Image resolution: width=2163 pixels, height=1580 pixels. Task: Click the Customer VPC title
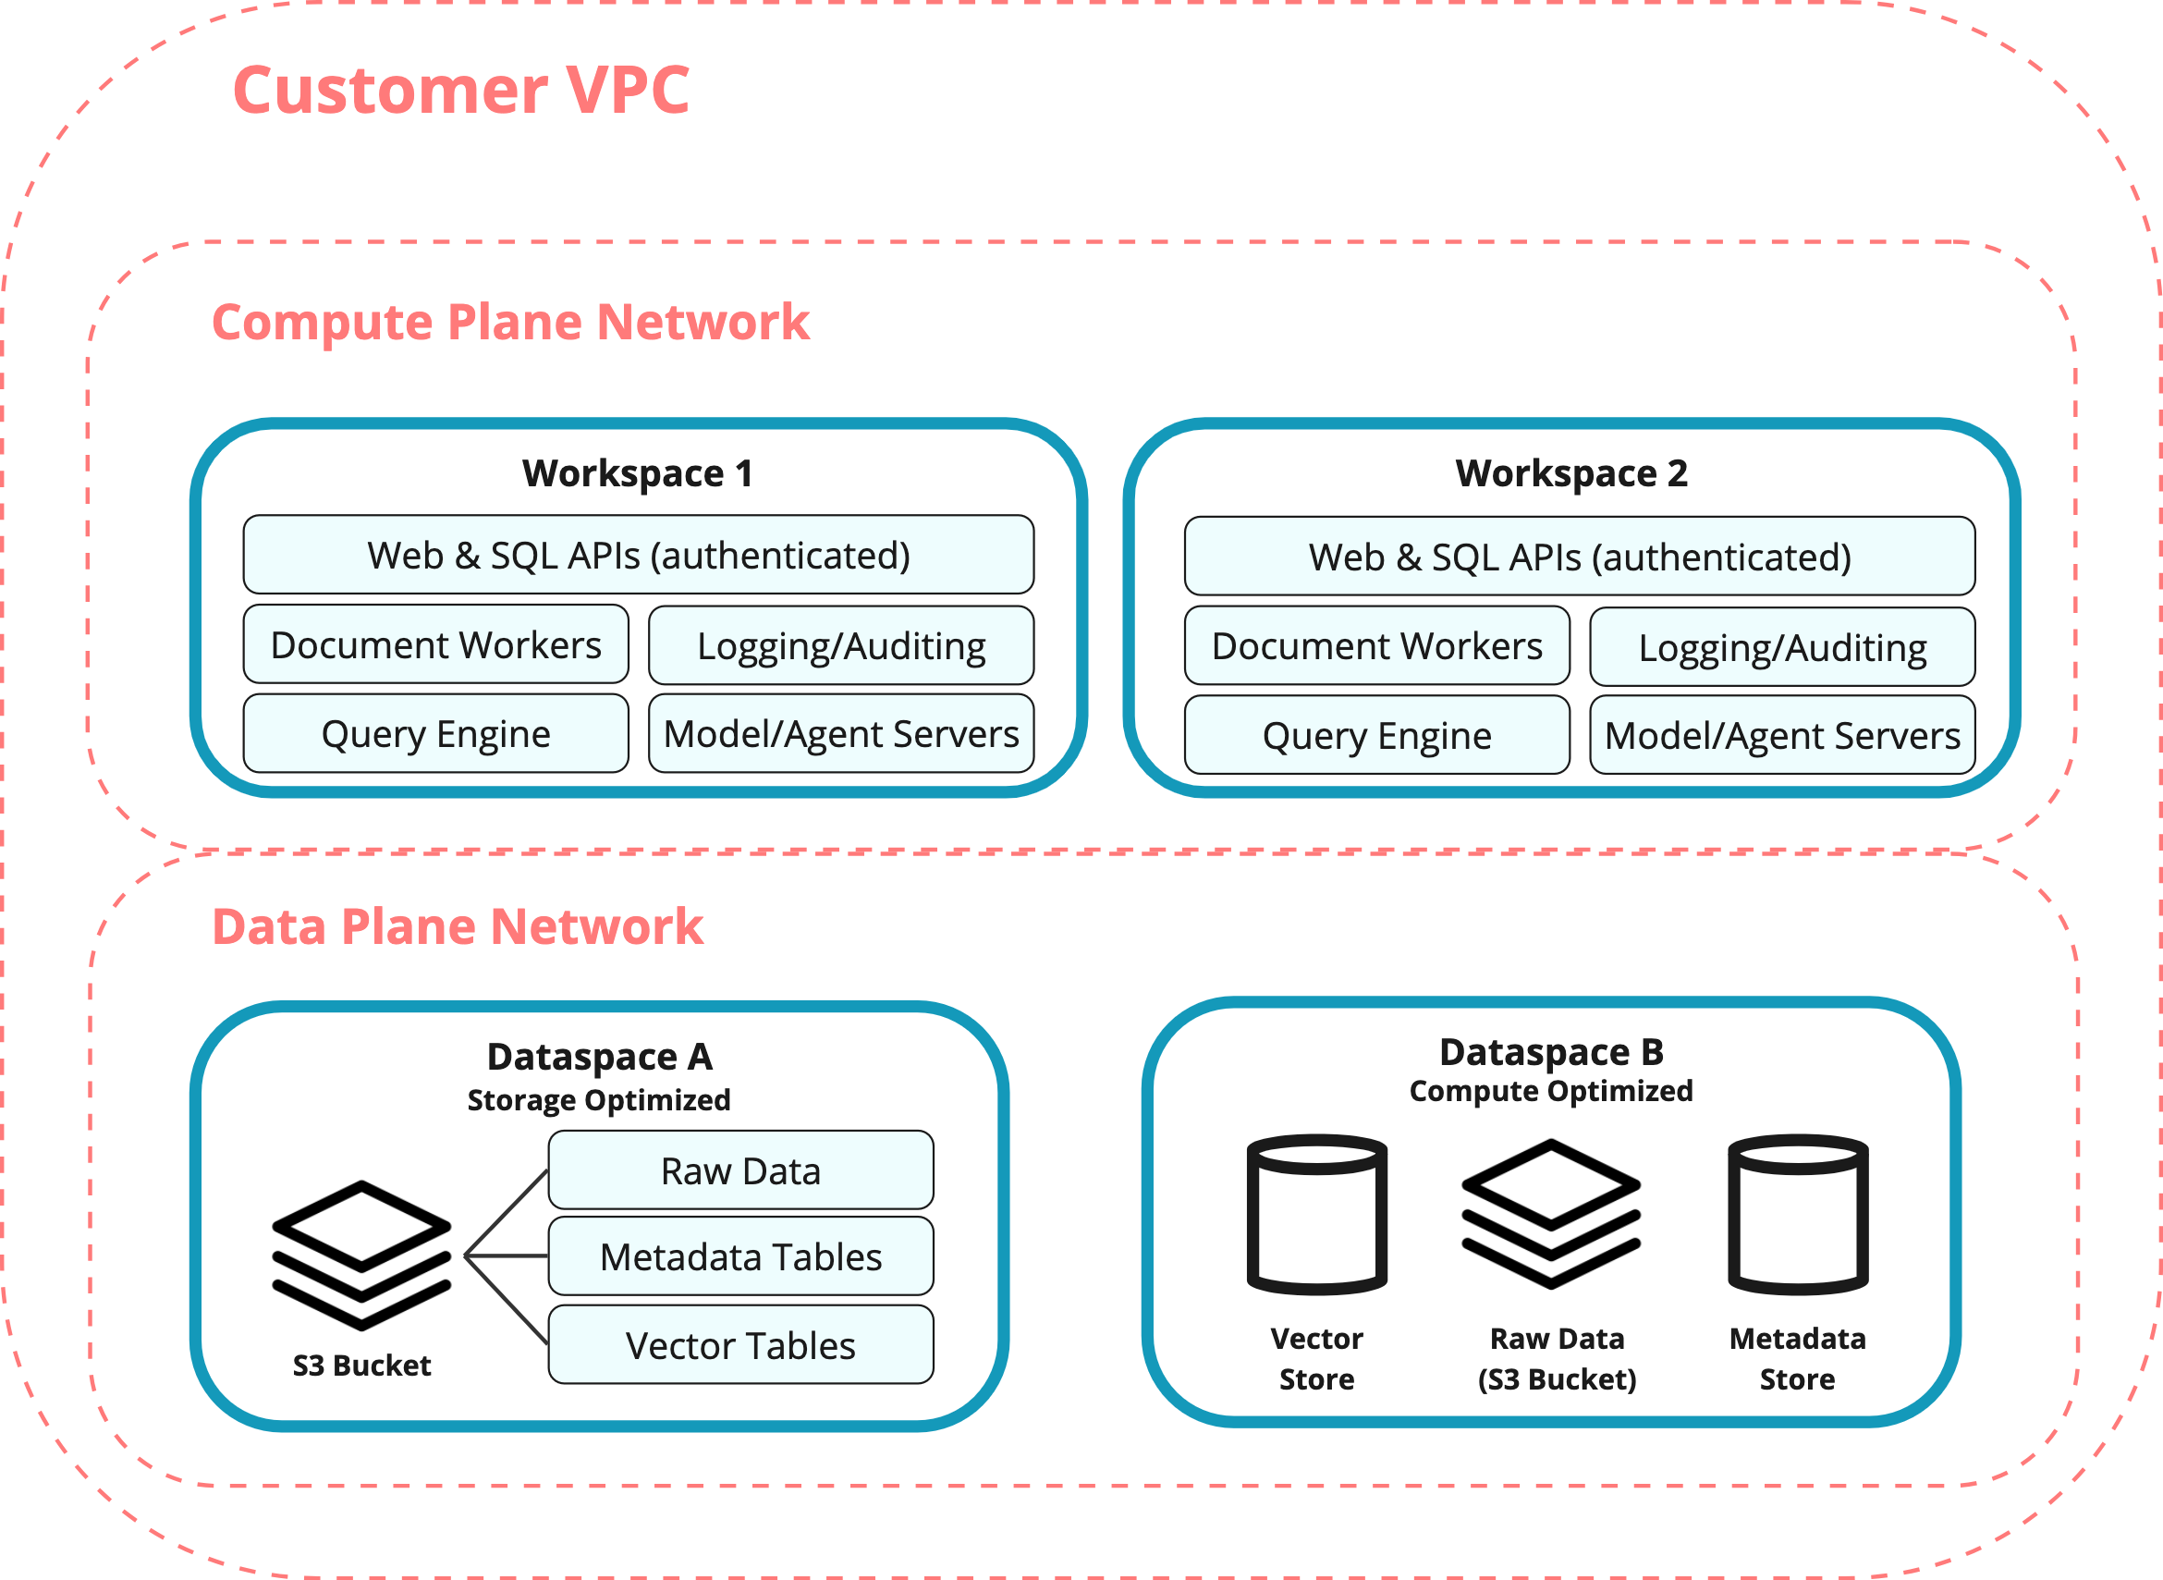click(460, 91)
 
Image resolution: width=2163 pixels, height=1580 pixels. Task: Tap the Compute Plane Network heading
click(509, 323)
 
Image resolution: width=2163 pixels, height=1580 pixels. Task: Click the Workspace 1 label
click(637, 473)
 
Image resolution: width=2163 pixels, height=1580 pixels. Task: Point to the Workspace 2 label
click(1571, 473)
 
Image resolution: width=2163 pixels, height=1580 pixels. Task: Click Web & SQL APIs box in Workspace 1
click(638, 556)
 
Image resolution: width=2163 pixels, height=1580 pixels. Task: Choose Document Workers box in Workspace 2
click(1376, 646)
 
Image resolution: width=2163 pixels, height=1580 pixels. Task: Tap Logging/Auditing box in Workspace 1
click(840, 646)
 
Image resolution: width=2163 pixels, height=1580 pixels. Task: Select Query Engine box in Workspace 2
click(1376, 736)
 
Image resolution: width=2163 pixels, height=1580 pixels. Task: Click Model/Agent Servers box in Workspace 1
click(840, 734)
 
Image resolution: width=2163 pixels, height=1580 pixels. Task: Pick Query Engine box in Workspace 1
click(436, 734)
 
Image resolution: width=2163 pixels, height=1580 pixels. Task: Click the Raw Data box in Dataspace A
click(740, 1170)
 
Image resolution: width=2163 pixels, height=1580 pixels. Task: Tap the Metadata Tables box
click(740, 1256)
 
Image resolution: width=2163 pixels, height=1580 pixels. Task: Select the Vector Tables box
click(740, 1346)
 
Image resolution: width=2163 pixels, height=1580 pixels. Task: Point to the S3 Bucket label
click(361, 1365)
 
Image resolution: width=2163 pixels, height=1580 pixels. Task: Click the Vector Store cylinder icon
click(1315, 1215)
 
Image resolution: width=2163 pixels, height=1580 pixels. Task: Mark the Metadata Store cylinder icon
click(1797, 1215)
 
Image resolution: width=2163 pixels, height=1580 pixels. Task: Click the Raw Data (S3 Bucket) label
click(1557, 1359)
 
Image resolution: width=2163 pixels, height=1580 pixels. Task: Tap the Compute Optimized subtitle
click(1550, 1091)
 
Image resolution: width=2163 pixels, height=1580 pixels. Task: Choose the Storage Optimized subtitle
click(599, 1100)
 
